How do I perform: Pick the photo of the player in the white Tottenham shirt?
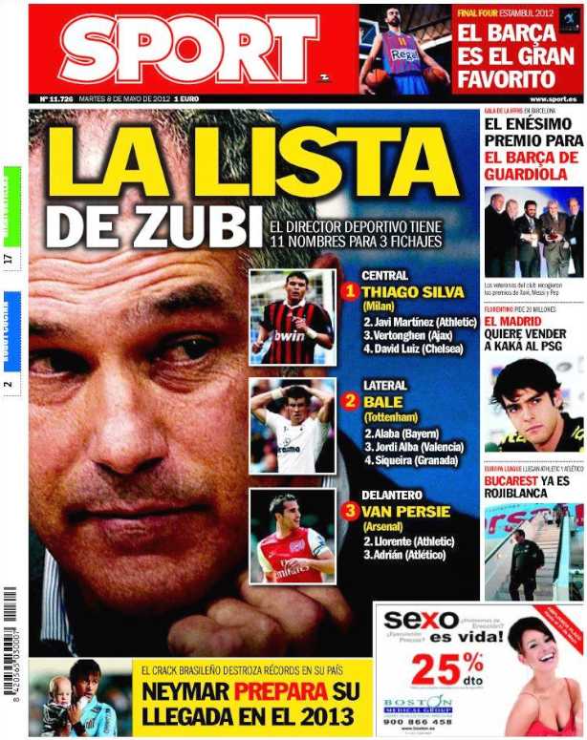pyautogui.click(x=293, y=426)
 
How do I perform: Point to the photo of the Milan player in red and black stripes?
pyautogui.click(x=292, y=316)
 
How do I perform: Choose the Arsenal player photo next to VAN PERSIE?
pyautogui.click(x=292, y=536)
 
